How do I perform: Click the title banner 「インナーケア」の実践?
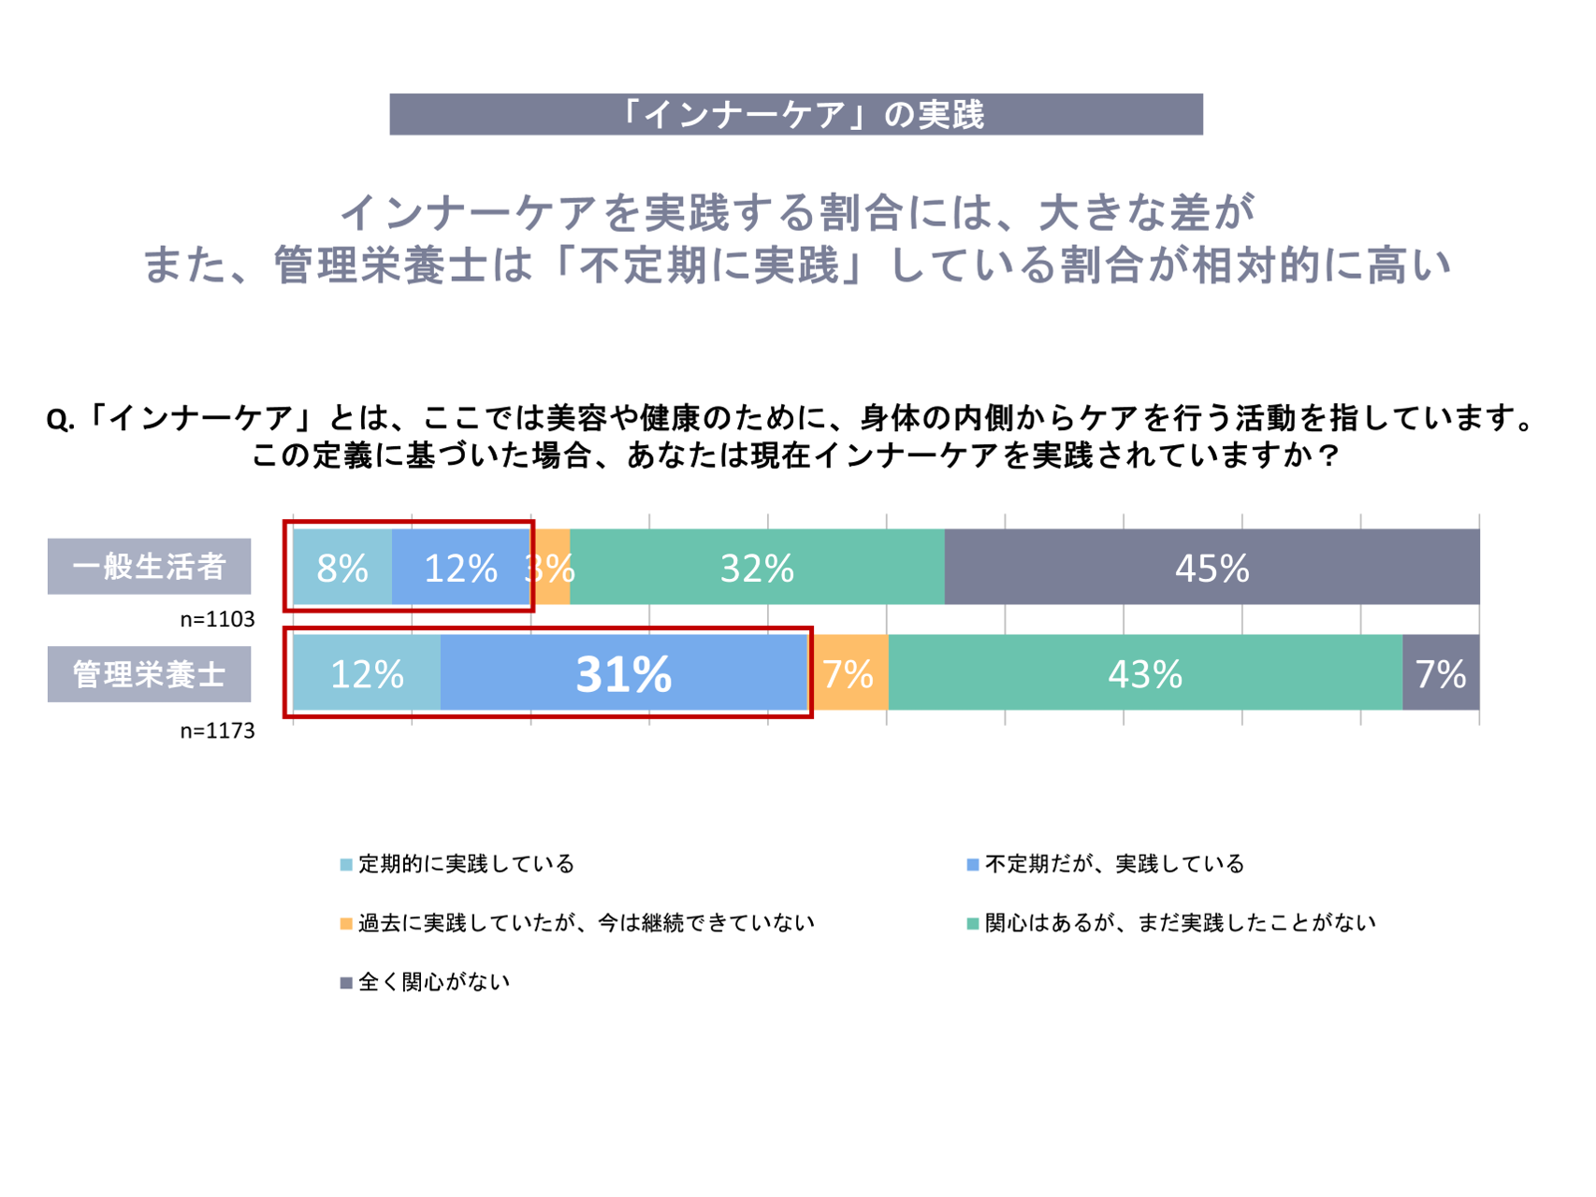click(x=796, y=114)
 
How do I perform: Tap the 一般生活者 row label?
click(x=150, y=567)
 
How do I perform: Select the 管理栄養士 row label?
click(x=150, y=673)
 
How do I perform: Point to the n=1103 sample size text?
click(x=217, y=619)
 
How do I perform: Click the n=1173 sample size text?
click(x=217, y=730)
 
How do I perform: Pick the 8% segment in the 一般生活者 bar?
click(x=342, y=568)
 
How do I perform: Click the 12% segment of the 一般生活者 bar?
click(x=460, y=568)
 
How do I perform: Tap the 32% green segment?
click(x=757, y=568)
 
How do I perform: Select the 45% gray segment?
click(x=1212, y=568)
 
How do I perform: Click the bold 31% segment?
click(x=624, y=673)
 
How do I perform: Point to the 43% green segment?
click(x=1145, y=673)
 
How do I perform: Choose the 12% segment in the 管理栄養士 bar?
click(x=367, y=673)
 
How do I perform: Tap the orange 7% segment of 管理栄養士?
click(x=849, y=673)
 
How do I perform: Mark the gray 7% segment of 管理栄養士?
click(x=1441, y=673)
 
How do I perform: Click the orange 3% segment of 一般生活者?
click(x=552, y=568)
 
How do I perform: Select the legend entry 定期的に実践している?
click(x=466, y=864)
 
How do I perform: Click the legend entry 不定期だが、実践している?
click(x=1114, y=864)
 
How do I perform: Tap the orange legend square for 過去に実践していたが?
click(x=346, y=924)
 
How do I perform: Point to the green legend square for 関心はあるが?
click(x=973, y=924)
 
